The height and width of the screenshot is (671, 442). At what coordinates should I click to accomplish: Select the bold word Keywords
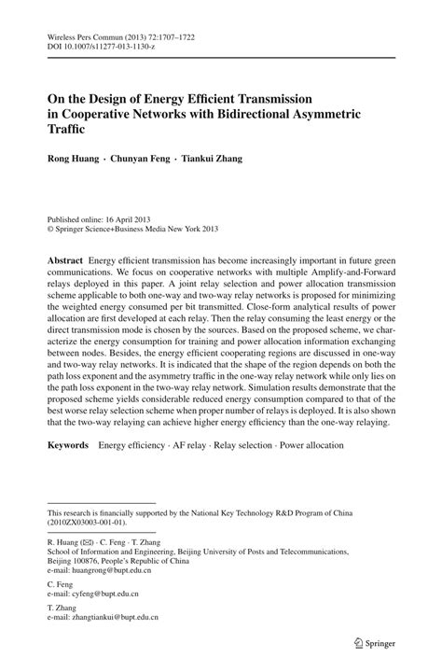click(69, 446)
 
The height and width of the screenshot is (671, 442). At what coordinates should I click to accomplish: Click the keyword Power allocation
click(304, 446)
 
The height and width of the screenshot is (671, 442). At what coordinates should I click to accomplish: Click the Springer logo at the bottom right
click(370, 642)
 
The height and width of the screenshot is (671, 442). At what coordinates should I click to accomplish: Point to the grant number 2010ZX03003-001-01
click(89, 522)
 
